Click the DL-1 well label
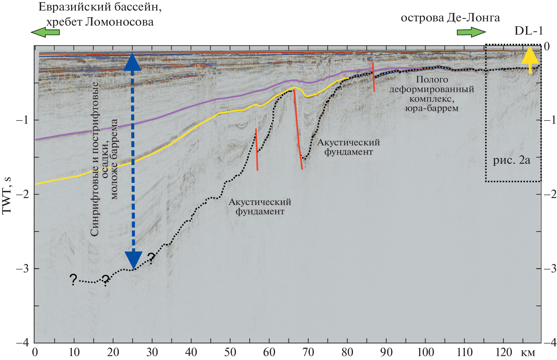(528, 30)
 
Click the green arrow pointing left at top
(45, 32)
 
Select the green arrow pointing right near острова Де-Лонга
(471, 32)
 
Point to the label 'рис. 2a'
(511, 160)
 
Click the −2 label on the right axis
(550, 194)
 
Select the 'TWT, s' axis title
(7, 196)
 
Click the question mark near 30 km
(151, 258)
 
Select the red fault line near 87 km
(373, 77)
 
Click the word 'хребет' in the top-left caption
(64, 22)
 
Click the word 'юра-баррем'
(432, 108)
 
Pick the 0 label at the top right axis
(546, 46)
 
